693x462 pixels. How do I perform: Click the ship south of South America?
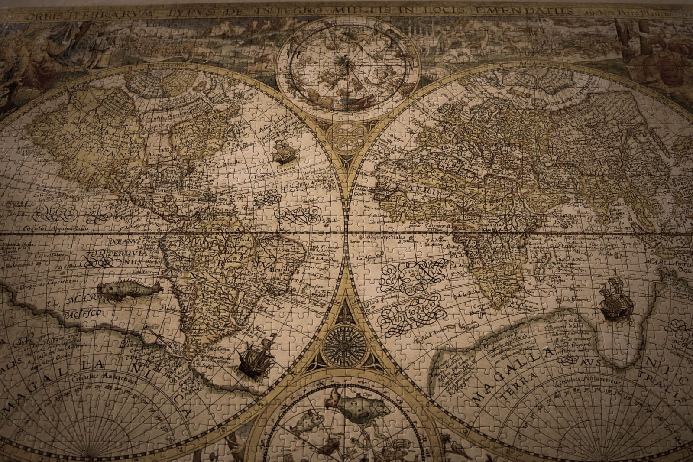pos(258,358)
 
